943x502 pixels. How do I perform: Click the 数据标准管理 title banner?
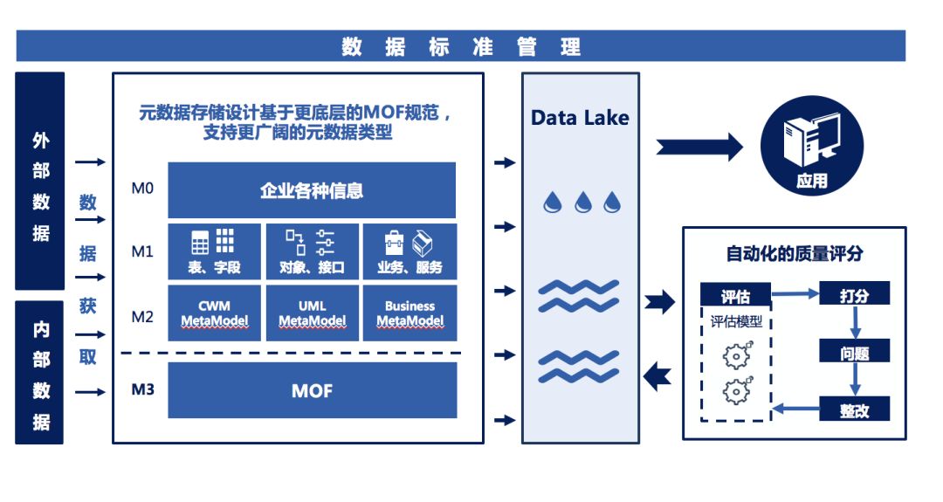point(461,46)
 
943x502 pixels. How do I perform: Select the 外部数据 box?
point(39,181)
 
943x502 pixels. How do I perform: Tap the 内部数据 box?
point(39,373)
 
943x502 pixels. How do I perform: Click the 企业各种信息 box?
point(312,190)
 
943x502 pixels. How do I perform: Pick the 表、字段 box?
point(214,251)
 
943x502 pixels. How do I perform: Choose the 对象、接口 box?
point(312,251)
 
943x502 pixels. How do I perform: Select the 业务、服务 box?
point(410,251)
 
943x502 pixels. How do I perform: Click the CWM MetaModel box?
point(214,313)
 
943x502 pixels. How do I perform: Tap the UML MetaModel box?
point(312,313)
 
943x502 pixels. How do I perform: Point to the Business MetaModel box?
point(410,313)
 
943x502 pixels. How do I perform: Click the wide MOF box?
point(312,390)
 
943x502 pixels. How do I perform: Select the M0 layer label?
point(142,189)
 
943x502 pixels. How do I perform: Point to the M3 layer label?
point(142,389)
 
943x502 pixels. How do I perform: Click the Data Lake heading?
point(580,117)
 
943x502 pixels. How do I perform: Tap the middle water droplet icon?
point(582,203)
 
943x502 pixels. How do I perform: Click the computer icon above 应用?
point(811,140)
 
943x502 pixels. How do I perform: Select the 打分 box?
point(854,294)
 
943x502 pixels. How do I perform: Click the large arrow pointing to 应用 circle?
point(699,148)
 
